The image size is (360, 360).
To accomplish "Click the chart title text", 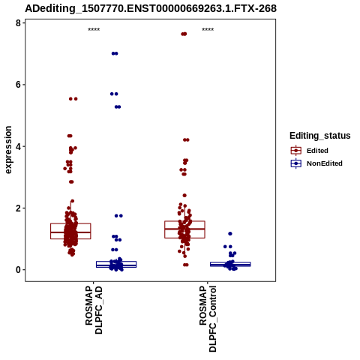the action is (151, 8).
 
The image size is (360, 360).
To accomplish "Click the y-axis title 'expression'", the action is (8, 150).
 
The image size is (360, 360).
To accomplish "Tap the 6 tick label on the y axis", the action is (18, 85).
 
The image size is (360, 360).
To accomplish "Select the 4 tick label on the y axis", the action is (18, 146).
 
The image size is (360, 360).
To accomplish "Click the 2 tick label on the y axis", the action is (18, 208).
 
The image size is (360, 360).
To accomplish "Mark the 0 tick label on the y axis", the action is (18, 270).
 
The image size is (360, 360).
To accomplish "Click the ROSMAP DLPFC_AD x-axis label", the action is (94, 310).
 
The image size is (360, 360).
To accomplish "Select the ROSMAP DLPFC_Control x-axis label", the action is (208, 319).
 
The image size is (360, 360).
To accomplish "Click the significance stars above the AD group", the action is (94, 30).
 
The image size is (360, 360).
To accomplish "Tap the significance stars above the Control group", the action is (208, 30).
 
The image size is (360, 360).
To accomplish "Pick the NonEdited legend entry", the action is (316, 163).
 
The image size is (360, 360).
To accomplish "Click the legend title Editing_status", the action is (320, 136).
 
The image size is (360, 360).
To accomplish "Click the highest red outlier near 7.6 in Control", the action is (184, 34).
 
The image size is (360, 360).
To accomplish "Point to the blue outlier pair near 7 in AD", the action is (115, 53).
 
